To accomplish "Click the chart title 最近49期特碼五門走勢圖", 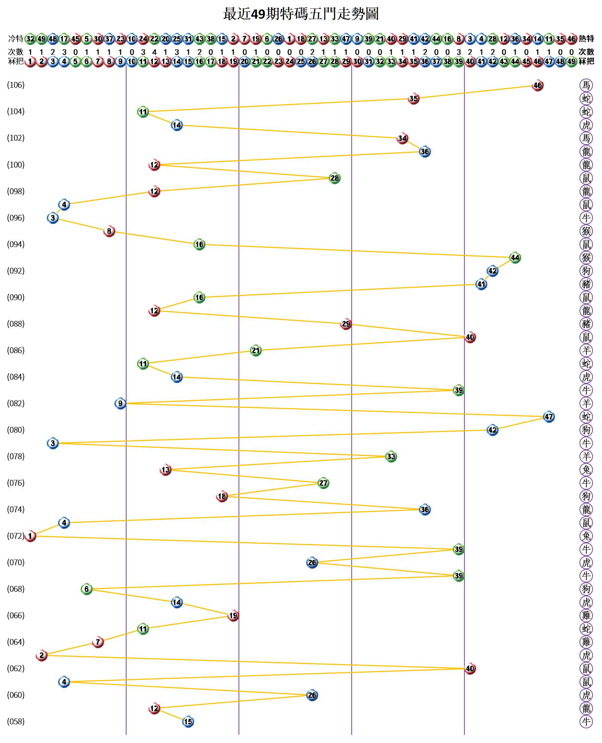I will tap(301, 14).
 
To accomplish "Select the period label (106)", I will tap(16, 85).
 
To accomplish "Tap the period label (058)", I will tap(16, 722).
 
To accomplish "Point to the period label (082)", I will tap(16, 403).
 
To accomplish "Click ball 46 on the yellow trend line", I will tap(537, 85).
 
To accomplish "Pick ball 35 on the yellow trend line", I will tap(413, 99).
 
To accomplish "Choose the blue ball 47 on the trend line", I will tap(549, 417).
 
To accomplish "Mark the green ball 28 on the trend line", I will tap(335, 178).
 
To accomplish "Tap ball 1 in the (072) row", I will tap(31, 536).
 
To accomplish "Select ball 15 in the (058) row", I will tap(188, 722).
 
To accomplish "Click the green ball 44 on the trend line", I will tap(515, 258).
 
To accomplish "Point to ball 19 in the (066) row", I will tap(233, 616).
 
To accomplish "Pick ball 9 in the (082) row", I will tap(120, 403).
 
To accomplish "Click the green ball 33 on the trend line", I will tap(391, 456).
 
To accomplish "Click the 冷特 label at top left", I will tap(16, 38).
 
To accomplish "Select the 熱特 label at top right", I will tap(586, 38).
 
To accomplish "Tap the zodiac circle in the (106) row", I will tap(586, 85).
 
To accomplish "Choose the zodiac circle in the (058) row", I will tap(586, 722).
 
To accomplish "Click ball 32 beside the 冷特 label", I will tap(31, 38).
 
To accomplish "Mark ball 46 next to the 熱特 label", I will tap(571, 38).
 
